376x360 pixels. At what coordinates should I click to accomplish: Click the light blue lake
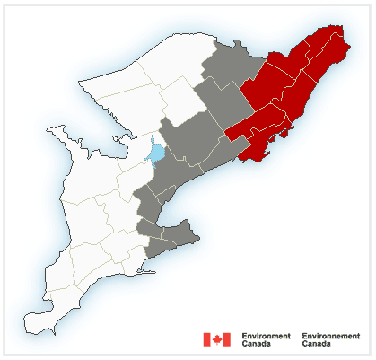156,153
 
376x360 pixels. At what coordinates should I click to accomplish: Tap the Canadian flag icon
216,339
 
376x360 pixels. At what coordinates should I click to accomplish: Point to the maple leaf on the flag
216,339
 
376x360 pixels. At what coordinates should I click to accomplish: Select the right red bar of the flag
227,339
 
